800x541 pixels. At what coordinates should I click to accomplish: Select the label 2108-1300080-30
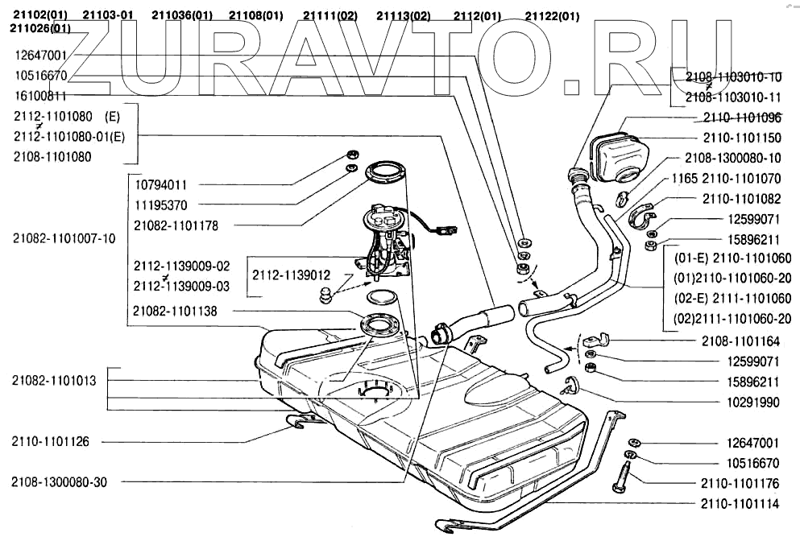point(59,482)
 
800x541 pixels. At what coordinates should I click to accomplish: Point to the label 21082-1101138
point(176,311)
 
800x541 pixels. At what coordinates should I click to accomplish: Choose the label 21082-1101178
point(176,226)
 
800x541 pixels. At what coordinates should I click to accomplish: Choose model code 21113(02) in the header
point(403,16)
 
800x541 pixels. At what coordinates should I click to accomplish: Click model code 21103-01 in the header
point(109,16)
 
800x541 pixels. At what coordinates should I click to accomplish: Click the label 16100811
point(40,95)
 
